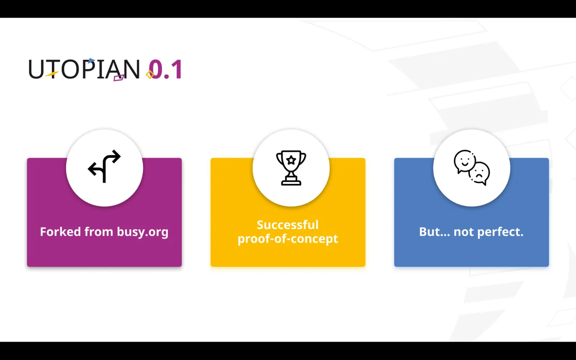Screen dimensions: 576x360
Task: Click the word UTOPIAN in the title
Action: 84,69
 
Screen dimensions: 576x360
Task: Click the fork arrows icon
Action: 104,166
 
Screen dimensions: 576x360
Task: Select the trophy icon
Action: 291,168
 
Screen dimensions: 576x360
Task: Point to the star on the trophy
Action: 291,160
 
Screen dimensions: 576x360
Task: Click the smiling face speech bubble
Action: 465,162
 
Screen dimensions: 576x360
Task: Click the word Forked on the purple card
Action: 60,231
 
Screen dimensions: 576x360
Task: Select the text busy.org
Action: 143,232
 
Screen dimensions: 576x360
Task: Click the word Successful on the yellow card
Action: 288,225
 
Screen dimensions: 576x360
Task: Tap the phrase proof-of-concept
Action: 288,239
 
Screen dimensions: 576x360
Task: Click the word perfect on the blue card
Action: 501,232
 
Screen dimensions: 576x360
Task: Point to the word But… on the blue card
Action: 435,232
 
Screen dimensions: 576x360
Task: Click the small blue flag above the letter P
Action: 91,61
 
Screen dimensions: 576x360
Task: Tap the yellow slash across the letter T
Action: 52,74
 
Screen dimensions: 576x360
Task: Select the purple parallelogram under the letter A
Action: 119,78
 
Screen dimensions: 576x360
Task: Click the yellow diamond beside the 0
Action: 150,75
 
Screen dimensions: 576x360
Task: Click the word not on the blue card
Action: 464,232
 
